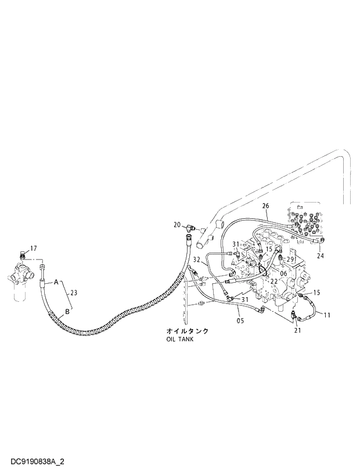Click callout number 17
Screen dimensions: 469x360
click(33, 248)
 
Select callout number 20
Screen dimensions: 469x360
click(177, 224)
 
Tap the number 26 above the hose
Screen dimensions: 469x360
click(265, 206)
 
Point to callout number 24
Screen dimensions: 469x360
click(320, 255)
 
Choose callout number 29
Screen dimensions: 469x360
click(291, 258)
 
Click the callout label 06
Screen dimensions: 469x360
click(283, 273)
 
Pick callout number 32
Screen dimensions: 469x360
click(197, 259)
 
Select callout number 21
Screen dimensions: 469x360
click(297, 330)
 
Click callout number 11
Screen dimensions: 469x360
click(327, 315)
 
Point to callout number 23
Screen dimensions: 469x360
click(73, 293)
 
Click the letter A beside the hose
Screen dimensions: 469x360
click(56, 282)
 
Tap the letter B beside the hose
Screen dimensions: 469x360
click(68, 311)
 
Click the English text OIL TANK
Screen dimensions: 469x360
click(179, 340)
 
